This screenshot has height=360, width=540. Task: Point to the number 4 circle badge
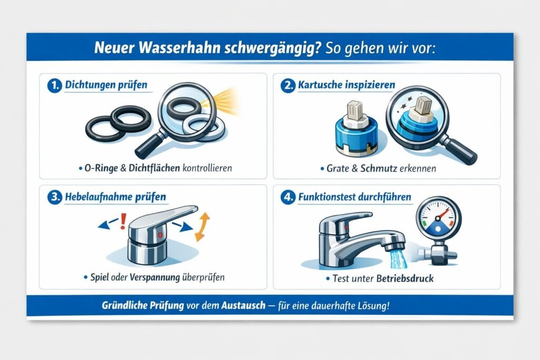pyautogui.click(x=287, y=198)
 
